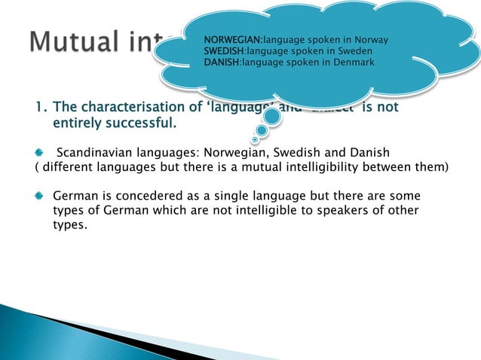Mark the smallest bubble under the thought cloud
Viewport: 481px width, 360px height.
tap(256, 139)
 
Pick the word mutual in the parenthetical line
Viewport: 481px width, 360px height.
tap(294, 166)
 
